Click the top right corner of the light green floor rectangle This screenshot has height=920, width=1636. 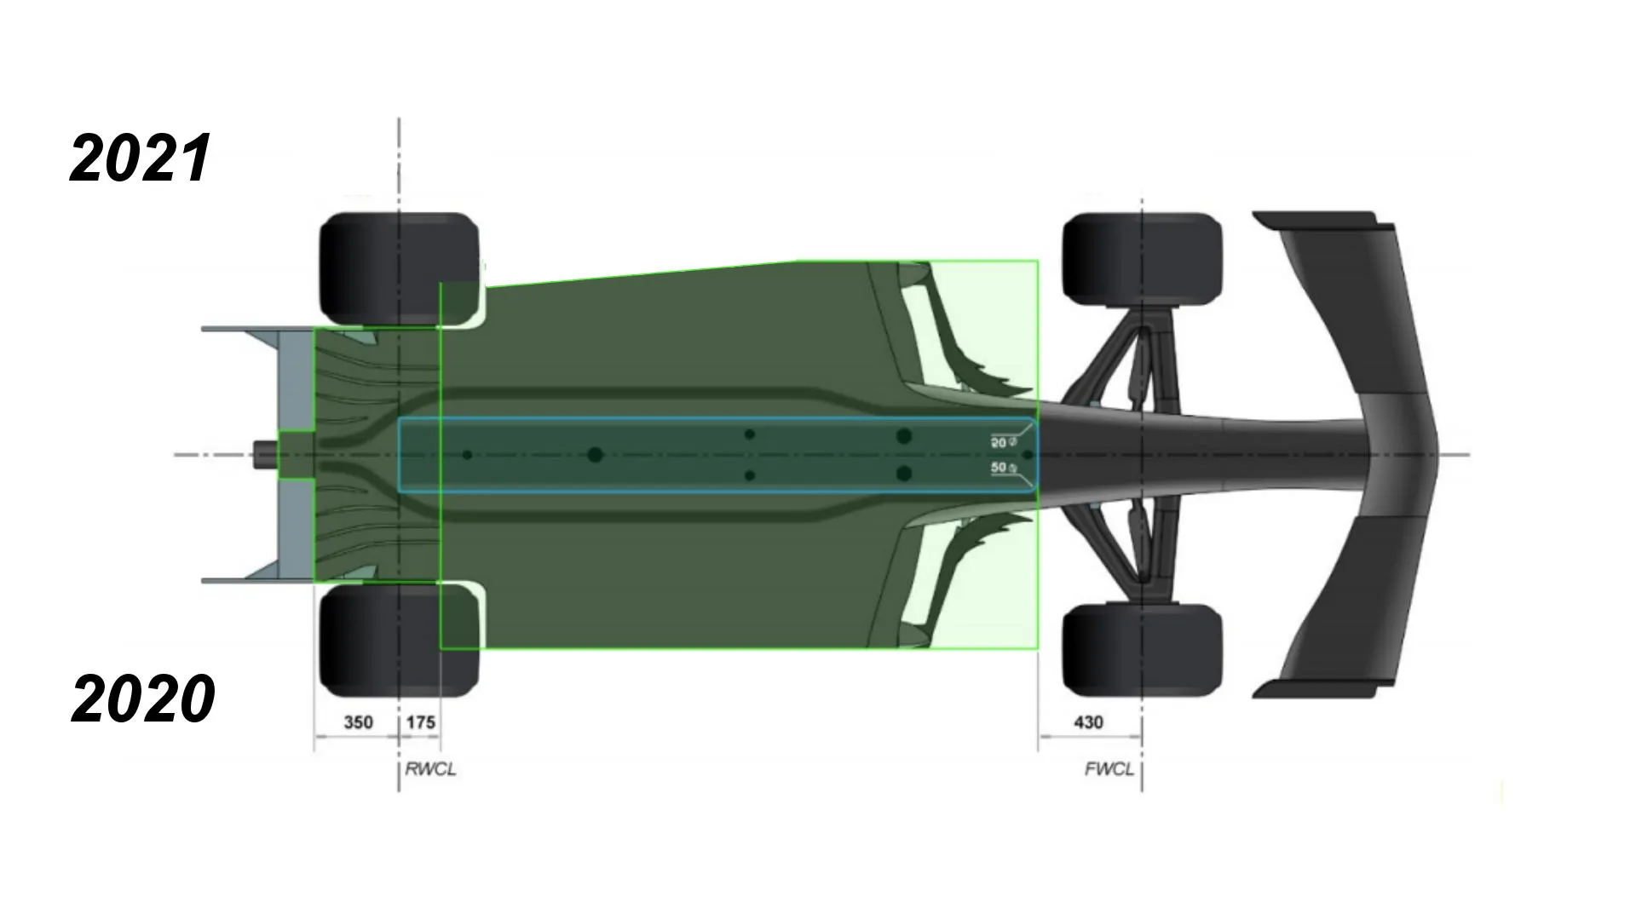[1038, 261]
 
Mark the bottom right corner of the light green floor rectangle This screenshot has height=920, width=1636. [1038, 649]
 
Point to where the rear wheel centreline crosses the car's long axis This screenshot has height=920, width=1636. [399, 455]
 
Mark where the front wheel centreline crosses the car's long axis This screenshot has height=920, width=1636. [1142, 455]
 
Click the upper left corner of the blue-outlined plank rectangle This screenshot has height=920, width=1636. [399, 418]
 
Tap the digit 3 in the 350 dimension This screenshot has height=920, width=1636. [349, 722]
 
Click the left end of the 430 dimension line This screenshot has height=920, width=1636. [1038, 737]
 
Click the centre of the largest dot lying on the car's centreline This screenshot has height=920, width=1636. [596, 455]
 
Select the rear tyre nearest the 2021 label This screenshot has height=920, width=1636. [399, 268]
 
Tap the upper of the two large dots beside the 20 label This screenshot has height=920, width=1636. [904, 436]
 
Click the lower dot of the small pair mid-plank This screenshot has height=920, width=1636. [750, 475]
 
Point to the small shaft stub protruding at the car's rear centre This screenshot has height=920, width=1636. [267, 455]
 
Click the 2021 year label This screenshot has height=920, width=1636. [141, 158]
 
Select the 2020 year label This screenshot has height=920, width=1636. [142, 699]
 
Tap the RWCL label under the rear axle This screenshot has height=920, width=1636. [430, 769]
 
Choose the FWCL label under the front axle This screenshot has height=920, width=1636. [1109, 769]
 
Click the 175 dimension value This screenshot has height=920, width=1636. [421, 722]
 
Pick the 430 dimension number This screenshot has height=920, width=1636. [1088, 722]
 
